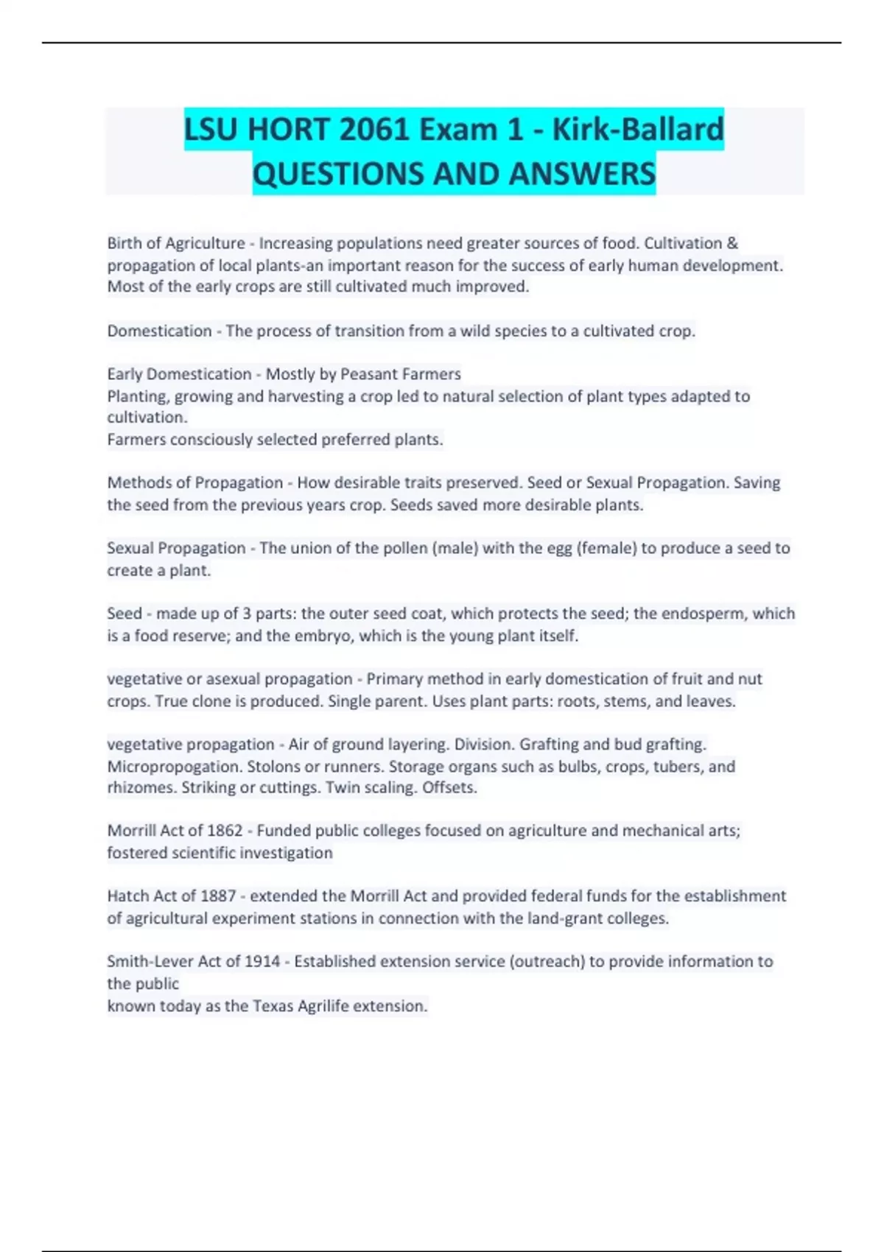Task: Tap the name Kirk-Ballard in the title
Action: [638, 130]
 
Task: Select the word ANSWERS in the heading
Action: [581, 175]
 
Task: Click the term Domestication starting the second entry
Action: [159, 331]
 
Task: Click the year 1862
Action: [225, 831]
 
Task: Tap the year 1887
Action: [218, 896]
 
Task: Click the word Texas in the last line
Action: [273, 1006]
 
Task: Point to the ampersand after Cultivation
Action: [732, 243]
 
